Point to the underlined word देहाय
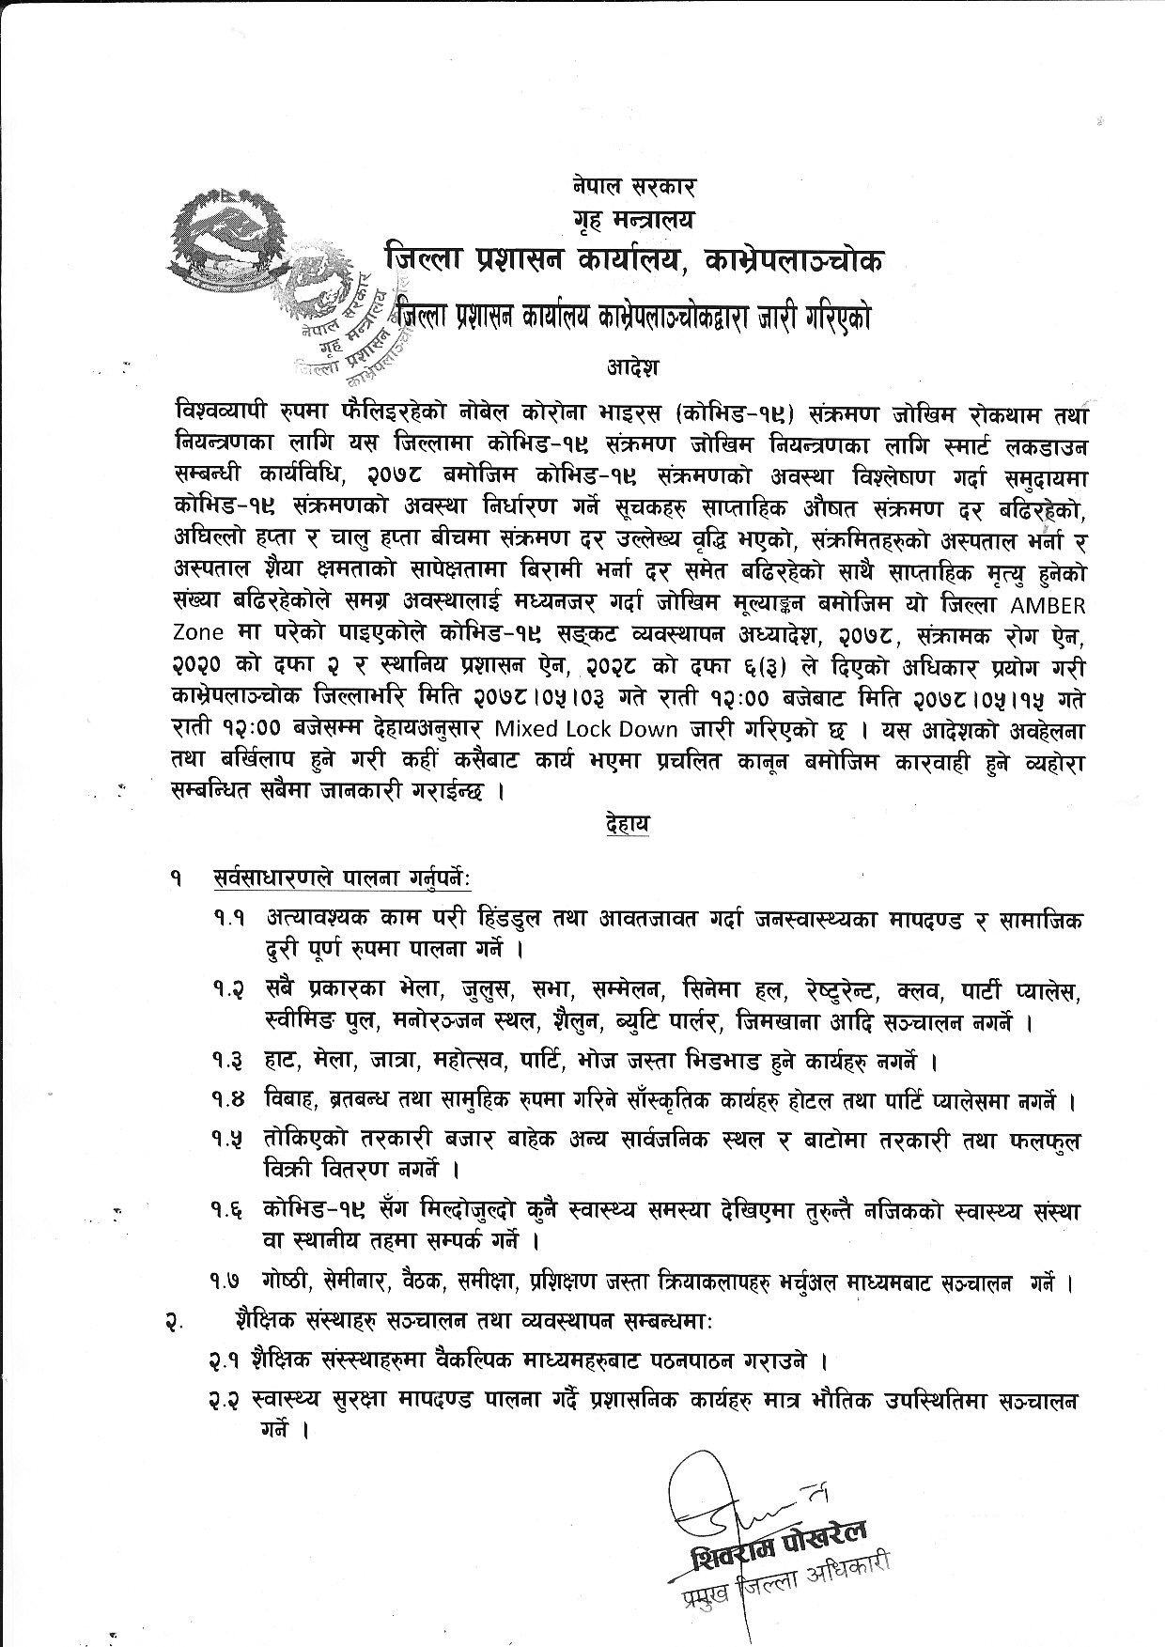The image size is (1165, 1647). (x=629, y=825)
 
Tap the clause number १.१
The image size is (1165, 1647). (x=229, y=918)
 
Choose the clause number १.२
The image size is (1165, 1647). (x=229, y=991)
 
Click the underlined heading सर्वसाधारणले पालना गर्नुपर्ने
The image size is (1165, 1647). (x=341, y=878)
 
